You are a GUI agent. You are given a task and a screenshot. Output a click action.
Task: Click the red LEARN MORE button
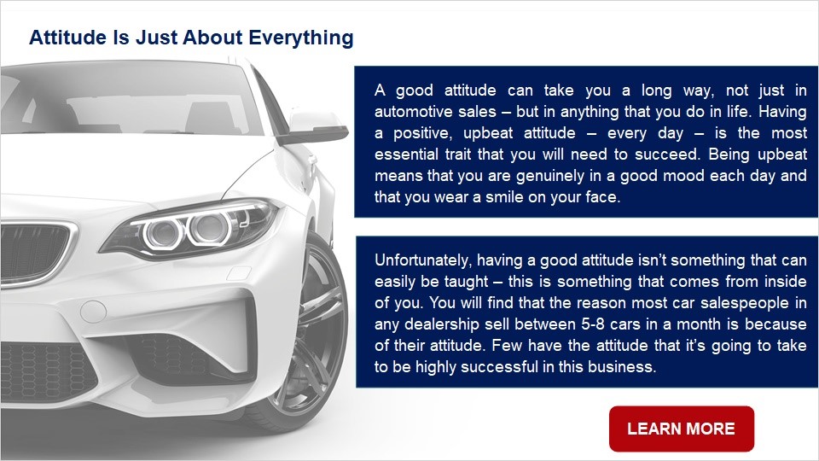point(682,429)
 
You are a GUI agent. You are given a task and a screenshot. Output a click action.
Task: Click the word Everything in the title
point(301,38)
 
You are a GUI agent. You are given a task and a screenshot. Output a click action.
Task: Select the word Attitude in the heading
point(67,38)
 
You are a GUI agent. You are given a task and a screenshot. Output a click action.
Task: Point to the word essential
point(406,155)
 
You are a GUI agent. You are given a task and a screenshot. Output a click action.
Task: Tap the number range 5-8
point(593,324)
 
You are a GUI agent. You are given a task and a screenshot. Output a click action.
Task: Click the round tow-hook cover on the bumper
point(93,312)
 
